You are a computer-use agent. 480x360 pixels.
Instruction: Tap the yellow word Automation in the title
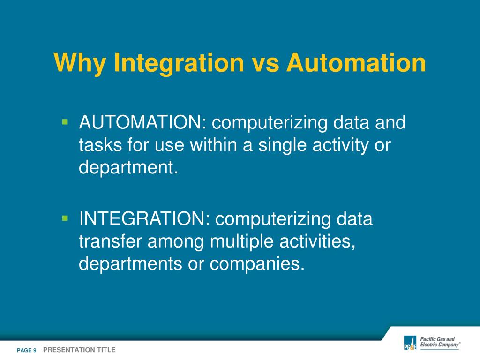click(x=357, y=63)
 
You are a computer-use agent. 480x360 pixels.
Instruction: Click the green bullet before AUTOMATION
click(x=65, y=122)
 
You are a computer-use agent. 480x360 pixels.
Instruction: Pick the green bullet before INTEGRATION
click(x=65, y=218)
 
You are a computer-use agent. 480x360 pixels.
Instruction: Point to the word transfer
click(x=111, y=242)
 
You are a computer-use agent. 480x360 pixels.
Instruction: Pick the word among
click(x=177, y=242)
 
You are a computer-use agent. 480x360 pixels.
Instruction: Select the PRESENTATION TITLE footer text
click(x=79, y=350)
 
